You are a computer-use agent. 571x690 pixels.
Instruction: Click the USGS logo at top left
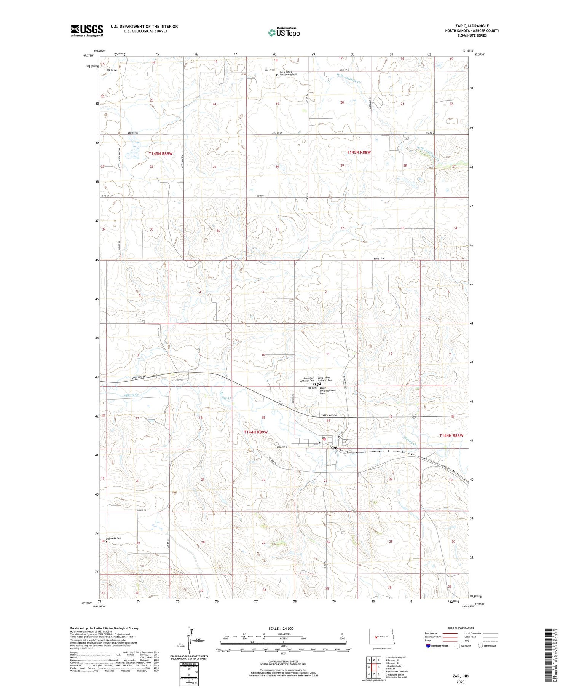click(87, 30)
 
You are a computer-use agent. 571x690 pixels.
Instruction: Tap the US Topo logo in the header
click(284, 32)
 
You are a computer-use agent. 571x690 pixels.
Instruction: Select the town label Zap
click(333, 447)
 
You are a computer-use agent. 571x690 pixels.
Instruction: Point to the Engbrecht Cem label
click(113, 538)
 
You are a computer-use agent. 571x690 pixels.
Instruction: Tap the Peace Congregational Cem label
click(327, 391)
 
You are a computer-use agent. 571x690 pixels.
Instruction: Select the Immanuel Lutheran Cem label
click(307, 379)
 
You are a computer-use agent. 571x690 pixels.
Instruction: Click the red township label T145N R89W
click(161, 153)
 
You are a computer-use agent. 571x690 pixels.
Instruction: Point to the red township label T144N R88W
click(451, 435)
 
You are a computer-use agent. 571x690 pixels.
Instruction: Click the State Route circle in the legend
click(480, 645)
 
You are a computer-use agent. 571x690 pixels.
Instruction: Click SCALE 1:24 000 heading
click(281, 628)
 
